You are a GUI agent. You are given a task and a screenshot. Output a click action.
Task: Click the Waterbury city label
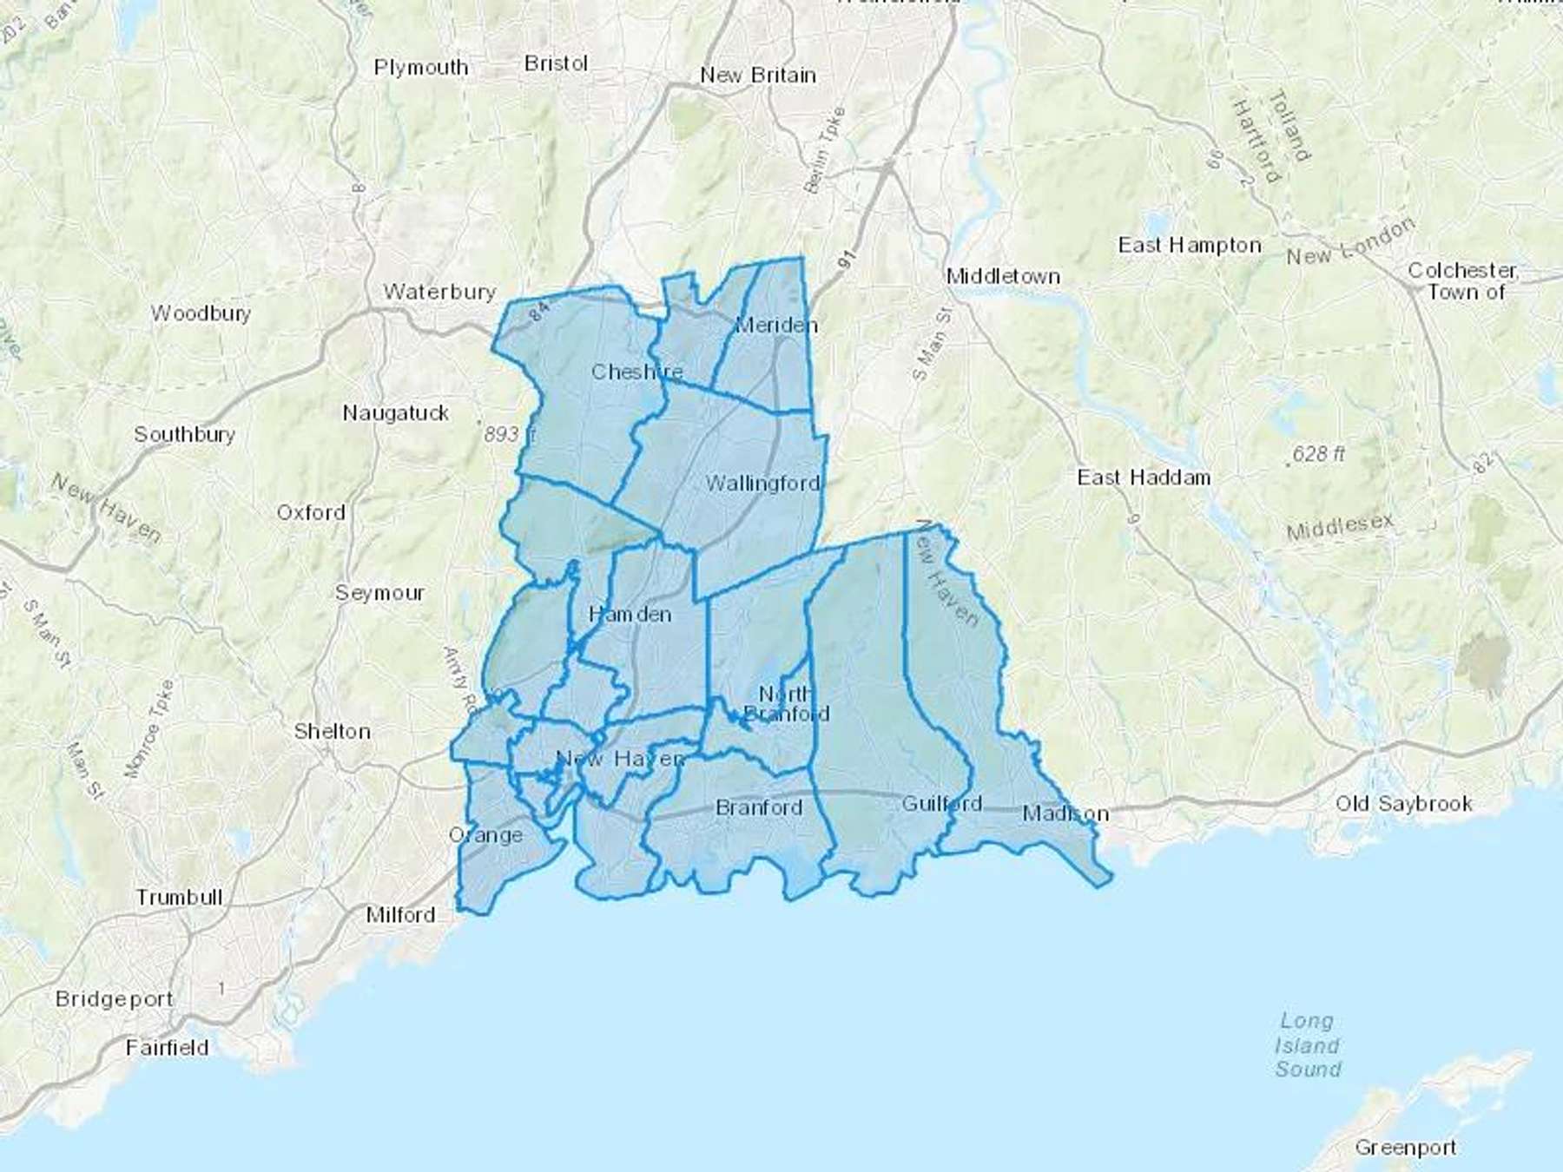click(439, 292)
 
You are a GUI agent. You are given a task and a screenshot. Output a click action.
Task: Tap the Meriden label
click(775, 326)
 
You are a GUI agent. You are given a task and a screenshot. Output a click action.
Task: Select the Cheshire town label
click(636, 372)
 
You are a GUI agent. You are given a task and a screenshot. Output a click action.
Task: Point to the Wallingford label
click(762, 484)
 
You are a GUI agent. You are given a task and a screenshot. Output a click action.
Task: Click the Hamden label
click(630, 615)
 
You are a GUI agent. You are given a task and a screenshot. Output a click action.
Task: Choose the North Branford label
click(786, 704)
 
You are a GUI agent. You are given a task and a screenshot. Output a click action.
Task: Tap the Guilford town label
click(941, 804)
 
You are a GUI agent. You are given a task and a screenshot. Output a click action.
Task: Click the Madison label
click(1065, 813)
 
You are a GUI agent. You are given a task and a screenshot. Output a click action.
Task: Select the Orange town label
click(485, 835)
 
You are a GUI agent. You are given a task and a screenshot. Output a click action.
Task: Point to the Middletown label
click(1003, 277)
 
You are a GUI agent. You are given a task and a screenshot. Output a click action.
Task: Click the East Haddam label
click(1144, 477)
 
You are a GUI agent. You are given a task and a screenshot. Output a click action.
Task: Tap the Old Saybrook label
click(1403, 804)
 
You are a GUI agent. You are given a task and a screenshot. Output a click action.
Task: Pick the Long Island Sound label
click(1307, 1045)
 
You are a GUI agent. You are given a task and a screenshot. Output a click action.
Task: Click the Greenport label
click(1405, 1148)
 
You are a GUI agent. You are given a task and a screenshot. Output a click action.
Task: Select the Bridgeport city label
click(114, 999)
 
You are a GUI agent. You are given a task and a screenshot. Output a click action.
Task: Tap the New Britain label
click(758, 76)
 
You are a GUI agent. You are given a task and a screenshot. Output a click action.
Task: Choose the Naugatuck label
click(395, 413)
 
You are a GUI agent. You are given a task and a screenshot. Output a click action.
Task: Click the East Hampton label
click(1190, 246)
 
